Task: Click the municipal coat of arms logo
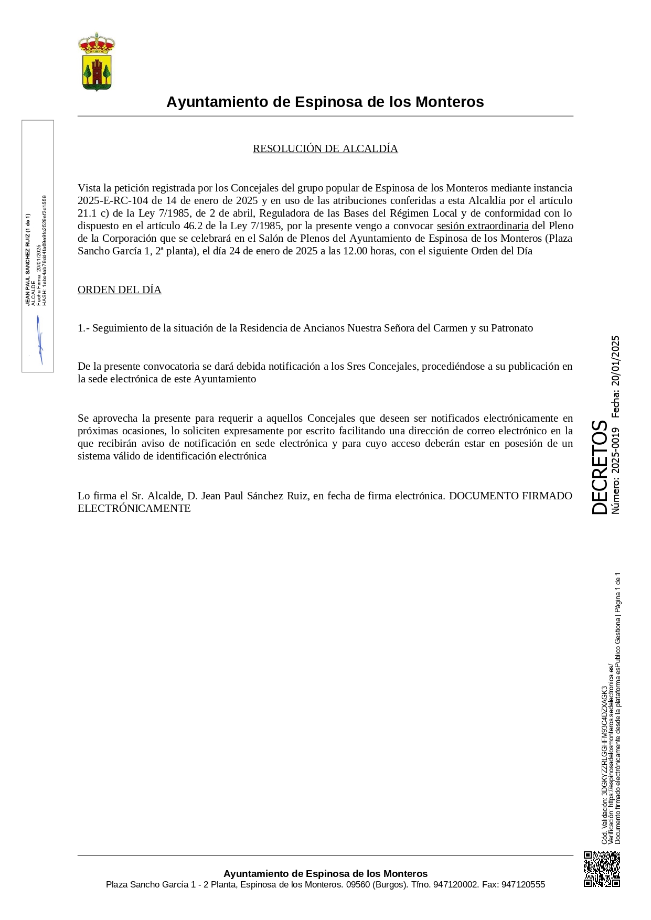(x=97, y=61)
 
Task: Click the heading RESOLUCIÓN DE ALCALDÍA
(x=325, y=148)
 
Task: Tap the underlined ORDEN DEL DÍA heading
(x=120, y=290)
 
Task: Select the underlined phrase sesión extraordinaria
(x=483, y=226)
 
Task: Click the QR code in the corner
(x=602, y=869)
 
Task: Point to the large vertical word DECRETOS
(x=599, y=467)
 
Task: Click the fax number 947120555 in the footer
(x=523, y=884)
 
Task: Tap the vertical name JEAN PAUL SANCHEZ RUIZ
(x=28, y=260)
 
